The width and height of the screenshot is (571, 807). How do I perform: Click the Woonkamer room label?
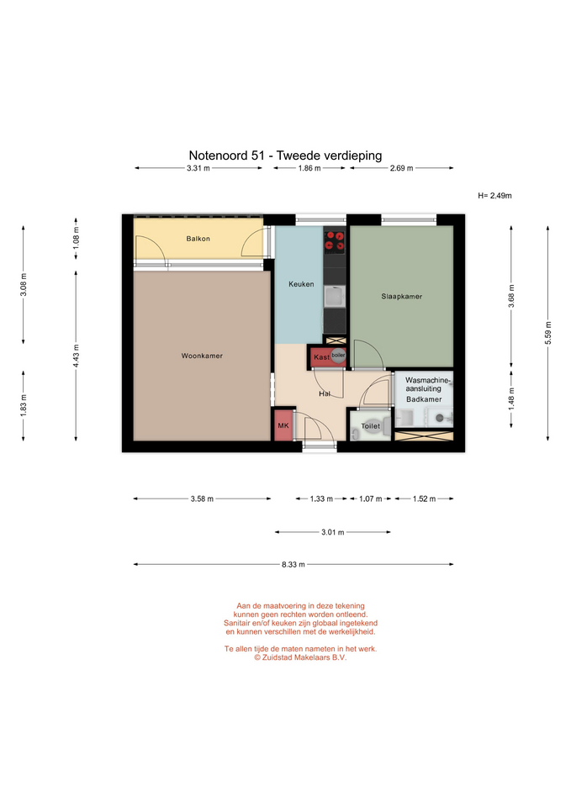point(202,356)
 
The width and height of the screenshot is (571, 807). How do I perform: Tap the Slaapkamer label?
point(402,297)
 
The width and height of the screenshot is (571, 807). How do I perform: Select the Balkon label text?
point(198,239)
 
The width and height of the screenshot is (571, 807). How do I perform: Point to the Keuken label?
point(301,284)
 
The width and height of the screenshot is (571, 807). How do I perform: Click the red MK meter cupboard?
point(283,425)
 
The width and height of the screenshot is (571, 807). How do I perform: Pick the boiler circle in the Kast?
point(338,356)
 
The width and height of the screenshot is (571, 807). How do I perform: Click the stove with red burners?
point(335,241)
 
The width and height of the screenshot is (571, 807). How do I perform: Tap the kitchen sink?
point(335,297)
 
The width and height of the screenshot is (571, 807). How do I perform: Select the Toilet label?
point(371,426)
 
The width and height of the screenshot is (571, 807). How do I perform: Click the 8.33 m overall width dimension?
point(293,565)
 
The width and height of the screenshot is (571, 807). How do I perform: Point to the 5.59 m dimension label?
point(547,334)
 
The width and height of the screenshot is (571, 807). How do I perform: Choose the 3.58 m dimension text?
point(202,498)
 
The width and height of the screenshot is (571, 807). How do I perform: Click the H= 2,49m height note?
point(494,196)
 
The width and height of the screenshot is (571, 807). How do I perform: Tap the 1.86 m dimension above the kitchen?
point(309,168)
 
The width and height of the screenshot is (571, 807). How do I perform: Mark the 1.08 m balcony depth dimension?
point(77,238)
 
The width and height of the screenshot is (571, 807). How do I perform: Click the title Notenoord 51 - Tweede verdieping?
point(285,156)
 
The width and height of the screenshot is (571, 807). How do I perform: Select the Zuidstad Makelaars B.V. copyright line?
point(300,657)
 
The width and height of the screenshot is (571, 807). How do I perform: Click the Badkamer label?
point(424,399)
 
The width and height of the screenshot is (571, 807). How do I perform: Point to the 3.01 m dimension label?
point(333,532)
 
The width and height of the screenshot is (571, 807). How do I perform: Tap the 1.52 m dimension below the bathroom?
point(425,498)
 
